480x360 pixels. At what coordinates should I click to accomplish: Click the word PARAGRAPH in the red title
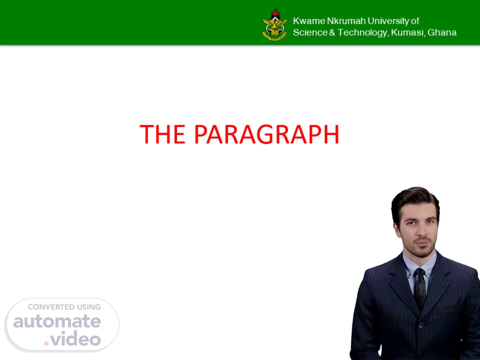coord(267,134)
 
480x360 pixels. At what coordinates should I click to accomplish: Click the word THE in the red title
coord(162,134)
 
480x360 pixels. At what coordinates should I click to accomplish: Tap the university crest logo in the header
coord(275,25)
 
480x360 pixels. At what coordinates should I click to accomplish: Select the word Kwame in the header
coord(309,21)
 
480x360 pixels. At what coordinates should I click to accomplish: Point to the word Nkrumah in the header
coord(346,21)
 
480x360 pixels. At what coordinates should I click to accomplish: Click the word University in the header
coord(388,21)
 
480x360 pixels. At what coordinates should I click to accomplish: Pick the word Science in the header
coord(310,33)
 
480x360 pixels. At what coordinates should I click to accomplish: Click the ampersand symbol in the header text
coord(332,33)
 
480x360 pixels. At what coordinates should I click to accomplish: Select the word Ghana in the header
coord(442,33)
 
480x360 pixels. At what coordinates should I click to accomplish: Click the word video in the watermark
coord(75,338)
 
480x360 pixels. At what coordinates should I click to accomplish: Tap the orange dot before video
coord(46,343)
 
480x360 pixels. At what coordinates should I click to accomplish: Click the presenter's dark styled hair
coord(415,202)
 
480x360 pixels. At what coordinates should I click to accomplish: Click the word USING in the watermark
coord(89,307)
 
